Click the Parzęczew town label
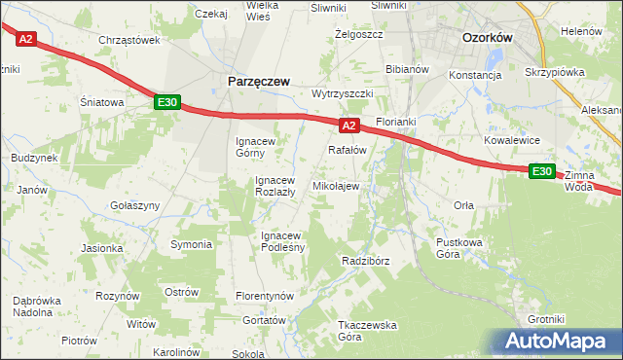(x=258, y=83)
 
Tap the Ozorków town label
(x=488, y=37)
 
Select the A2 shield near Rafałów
(x=350, y=126)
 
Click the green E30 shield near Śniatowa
(x=166, y=101)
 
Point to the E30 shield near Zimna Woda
(x=542, y=171)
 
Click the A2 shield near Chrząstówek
(x=25, y=39)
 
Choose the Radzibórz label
(x=366, y=261)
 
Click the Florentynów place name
(x=265, y=295)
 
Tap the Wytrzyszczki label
(x=343, y=93)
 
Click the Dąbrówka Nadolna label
(x=39, y=306)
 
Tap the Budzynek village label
(x=34, y=158)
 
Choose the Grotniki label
(x=546, y=318)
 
